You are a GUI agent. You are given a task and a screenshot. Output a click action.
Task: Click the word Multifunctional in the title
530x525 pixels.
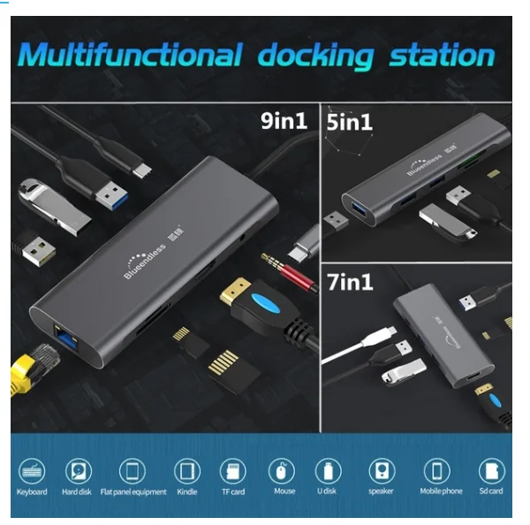(129, 55)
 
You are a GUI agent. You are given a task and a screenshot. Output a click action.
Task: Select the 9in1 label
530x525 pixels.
(284, 120)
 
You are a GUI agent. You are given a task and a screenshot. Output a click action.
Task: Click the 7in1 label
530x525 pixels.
(350, 283)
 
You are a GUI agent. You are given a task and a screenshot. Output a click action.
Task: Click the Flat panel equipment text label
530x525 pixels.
(133, 492)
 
